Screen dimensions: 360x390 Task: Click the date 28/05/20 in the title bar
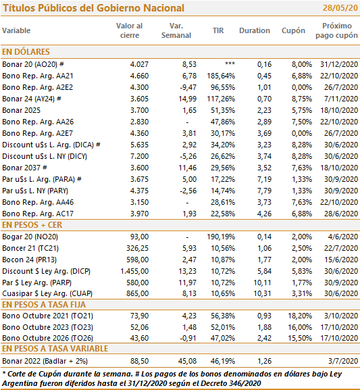(340, 8)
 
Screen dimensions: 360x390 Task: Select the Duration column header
(255, 30)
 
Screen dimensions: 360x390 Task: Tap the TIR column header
(218, 30)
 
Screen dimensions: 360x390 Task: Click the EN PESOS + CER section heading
(32, 225)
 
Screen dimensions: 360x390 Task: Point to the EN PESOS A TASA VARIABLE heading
(55, 349)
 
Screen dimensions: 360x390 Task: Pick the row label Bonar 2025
(21, 110)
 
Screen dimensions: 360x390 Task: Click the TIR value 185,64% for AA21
(221, 76)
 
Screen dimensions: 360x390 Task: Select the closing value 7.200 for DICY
(139, 156)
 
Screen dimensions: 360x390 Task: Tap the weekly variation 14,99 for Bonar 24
(188, 99)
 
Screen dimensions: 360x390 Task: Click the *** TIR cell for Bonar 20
(230, 64)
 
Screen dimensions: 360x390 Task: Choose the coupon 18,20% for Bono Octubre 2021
(300, 316)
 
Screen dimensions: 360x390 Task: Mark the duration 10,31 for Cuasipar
(262, 293)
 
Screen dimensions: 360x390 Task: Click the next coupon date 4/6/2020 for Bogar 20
(343, 237)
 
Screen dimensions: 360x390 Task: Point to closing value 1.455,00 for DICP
(134, 271)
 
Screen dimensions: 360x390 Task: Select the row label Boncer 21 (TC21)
(30, 248)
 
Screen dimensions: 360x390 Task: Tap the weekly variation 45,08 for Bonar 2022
(188, 361)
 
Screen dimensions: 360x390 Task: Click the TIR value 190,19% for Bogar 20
(221, 237)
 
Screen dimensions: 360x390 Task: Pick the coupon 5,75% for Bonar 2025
(302, 110)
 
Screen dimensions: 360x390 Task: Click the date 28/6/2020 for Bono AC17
(341, 214)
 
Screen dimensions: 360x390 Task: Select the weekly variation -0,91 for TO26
(188, 338)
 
